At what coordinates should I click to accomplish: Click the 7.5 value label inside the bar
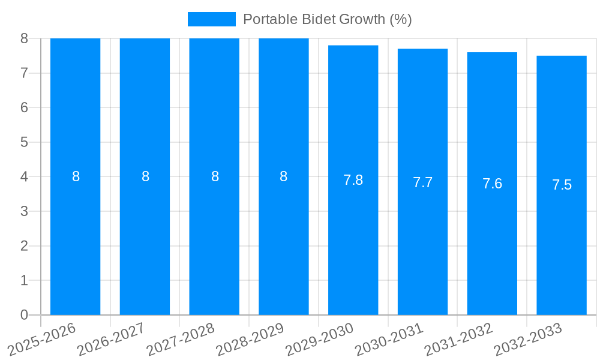pos(562,185)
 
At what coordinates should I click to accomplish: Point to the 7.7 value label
pos(422,182)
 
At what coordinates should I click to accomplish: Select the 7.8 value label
pos(353,180)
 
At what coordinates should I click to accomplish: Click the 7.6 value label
pos(492,184)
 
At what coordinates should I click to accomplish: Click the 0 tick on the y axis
pos(24,315)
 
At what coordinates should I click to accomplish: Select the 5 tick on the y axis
pos(24,142)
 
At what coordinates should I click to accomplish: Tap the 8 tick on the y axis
pos(24,38)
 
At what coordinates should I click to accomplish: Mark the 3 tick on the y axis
pos(24,211)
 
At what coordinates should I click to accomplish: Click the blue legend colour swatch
pos(211,19)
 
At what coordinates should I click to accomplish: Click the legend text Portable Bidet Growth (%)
pos(327,19)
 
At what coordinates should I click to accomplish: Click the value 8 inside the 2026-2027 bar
pos(145,176)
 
